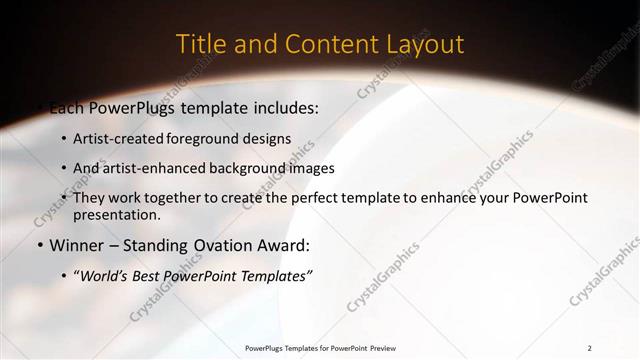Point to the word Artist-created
(118, 138)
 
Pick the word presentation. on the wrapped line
(117, 215)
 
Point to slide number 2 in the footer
(589, 348)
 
